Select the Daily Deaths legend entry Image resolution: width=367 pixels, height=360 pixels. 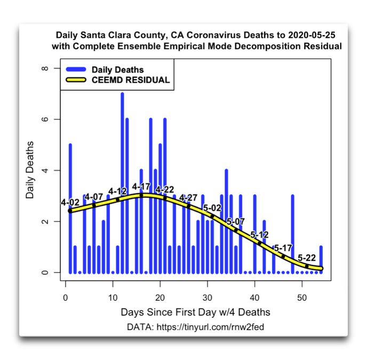coord(117,70)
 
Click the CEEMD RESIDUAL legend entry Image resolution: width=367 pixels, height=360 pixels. coord(130,81)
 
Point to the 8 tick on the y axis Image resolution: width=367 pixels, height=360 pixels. coord(46,68)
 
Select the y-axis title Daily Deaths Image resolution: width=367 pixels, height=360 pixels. coord(30,170)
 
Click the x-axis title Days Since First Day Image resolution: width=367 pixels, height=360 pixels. coord(195,312)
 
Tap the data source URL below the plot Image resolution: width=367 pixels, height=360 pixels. coord(195,326)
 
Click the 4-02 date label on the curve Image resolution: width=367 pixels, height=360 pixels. coord(70,203)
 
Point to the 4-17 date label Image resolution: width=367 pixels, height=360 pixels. coord(141,186)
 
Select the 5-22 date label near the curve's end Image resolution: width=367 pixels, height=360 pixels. coord(307,258)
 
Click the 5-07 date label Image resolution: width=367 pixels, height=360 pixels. coord(235,221)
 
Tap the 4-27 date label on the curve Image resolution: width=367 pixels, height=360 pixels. coord(189,198)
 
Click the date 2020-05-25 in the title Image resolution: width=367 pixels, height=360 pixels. coord(312,35)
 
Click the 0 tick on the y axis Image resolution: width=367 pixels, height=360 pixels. coord(46,273)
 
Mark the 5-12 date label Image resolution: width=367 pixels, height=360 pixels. coord(260,235)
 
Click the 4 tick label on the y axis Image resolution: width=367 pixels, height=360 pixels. coord(46,171)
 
